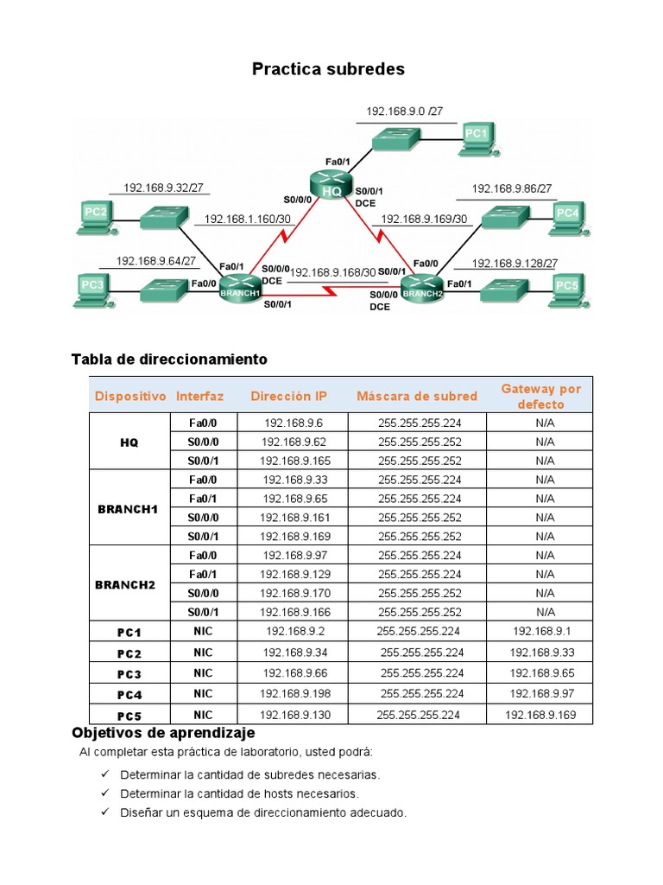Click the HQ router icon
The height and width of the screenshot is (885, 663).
331,185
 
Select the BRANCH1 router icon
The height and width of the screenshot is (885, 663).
240,285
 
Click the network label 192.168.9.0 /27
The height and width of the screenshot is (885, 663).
404,111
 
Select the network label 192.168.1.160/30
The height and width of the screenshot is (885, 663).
247,220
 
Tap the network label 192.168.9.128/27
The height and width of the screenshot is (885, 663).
515,264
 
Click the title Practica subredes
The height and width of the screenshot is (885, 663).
328,69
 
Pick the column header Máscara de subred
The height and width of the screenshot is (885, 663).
416,396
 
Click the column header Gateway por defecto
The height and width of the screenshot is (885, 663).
541,396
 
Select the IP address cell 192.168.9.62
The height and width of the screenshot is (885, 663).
293,441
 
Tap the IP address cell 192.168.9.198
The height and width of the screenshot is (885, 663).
293,693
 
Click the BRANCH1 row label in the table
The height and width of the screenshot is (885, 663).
128,508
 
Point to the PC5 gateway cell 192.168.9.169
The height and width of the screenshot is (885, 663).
539,714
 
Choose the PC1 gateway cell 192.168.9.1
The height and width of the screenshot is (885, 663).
539,631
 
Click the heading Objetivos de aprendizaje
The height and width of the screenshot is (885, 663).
163,733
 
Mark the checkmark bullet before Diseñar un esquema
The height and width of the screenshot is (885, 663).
104,812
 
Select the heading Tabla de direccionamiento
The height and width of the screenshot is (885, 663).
169,359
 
